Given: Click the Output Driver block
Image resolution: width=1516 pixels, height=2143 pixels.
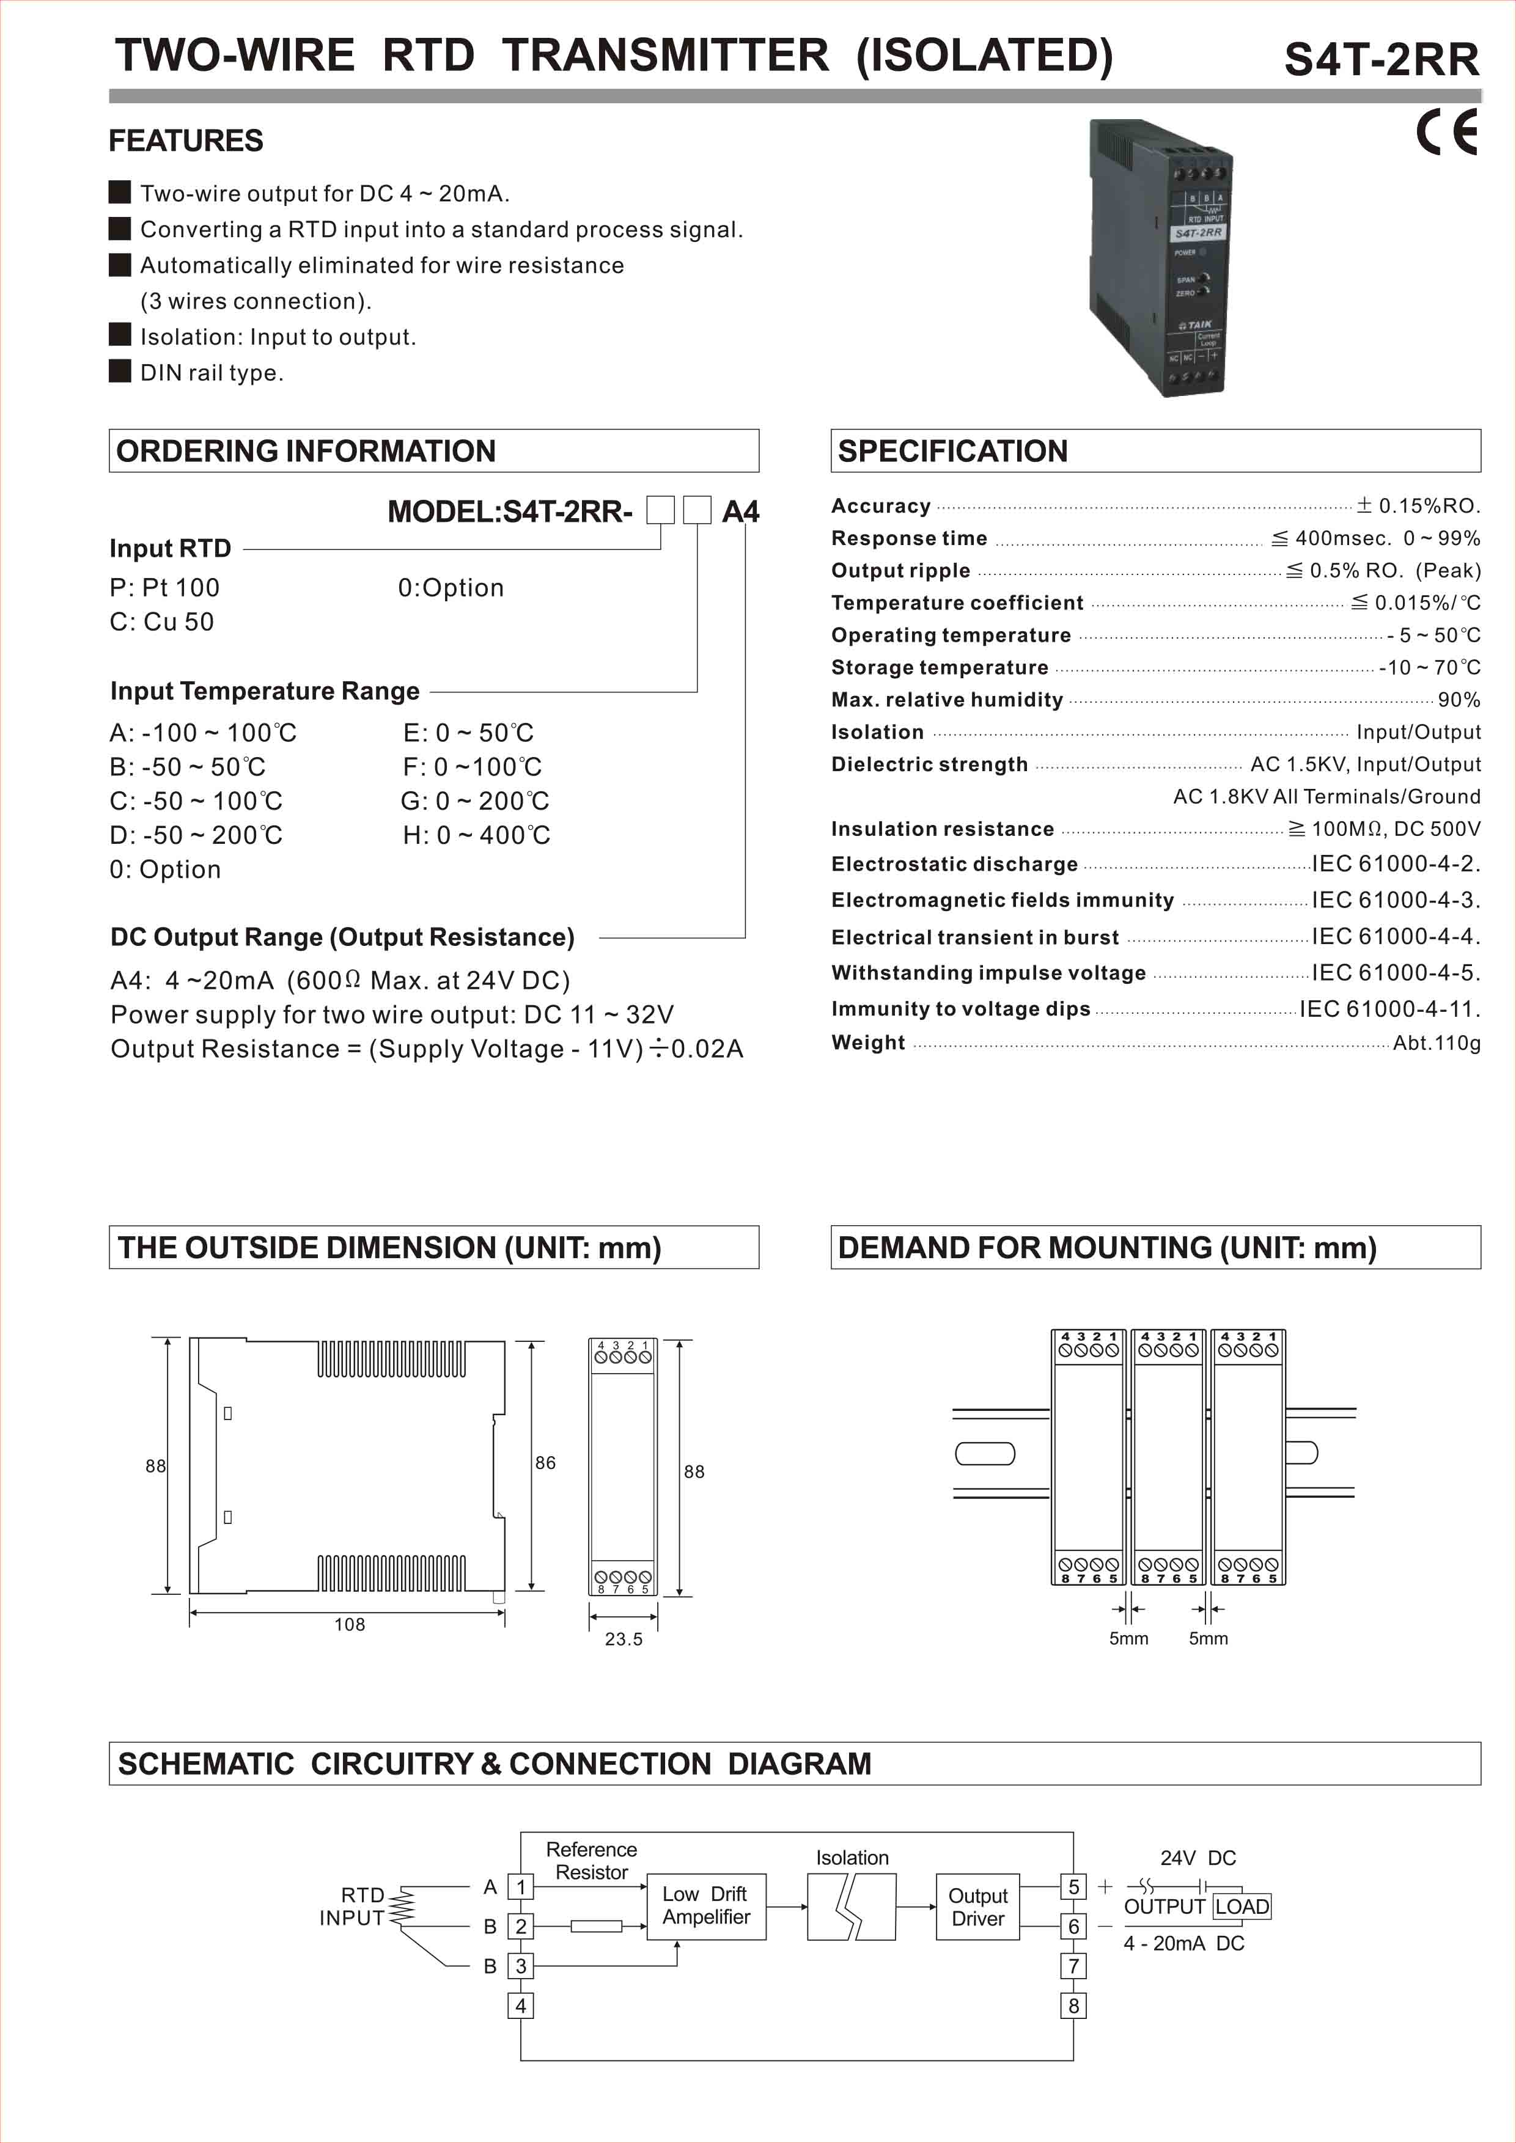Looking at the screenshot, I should tap(977, 1907).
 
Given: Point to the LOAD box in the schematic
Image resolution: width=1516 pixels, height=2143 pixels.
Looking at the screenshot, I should tap(1241, 1906).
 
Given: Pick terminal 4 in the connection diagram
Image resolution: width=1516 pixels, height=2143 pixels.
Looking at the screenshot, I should tap(521, 2005).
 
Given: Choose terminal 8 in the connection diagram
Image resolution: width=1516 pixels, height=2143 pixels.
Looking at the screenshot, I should tap(1073, 2005).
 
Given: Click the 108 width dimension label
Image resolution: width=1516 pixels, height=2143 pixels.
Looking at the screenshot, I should tap(350, 1624).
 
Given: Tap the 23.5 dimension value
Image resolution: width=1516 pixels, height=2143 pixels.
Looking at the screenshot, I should tap(624, 1639).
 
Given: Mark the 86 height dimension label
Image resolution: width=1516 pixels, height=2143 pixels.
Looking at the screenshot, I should tap(545, 1462).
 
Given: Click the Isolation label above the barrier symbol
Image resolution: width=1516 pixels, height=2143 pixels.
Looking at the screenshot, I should tap(852, 1858).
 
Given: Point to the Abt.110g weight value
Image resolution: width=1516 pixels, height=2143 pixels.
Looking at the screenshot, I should tap(1436, 1042).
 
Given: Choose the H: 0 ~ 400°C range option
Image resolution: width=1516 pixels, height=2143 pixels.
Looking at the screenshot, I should tap(476, 835).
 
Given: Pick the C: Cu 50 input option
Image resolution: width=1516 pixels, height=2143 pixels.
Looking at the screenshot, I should tap(161, 621).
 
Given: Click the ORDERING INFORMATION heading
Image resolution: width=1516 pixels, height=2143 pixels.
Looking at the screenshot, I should tap(306, 451).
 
